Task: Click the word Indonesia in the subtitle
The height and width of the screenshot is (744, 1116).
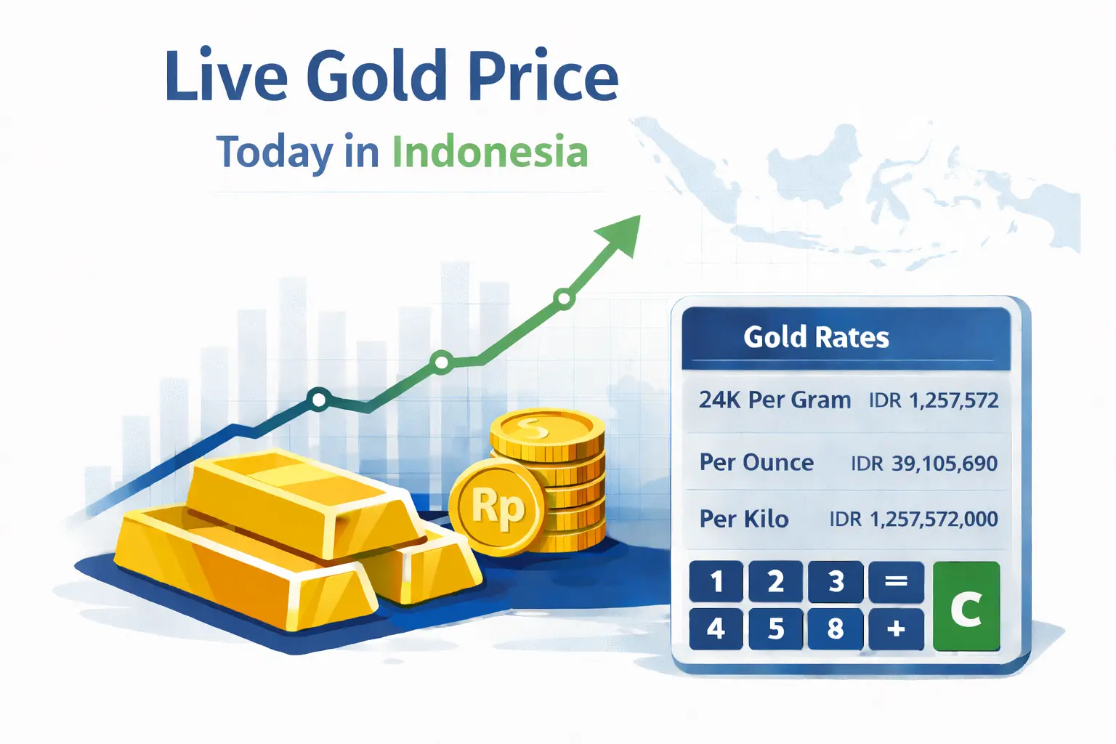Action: pos(490,153)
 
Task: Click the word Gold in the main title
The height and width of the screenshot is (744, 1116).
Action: pos(376,76)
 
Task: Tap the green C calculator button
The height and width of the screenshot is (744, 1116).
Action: pos(966,607)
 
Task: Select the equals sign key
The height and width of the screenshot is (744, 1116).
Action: pos(896,581)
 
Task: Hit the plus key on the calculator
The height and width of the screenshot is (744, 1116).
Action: pos(896,628)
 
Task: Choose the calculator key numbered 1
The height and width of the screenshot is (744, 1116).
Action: pos(716,581)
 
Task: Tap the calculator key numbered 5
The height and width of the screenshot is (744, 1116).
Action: pos(776,628)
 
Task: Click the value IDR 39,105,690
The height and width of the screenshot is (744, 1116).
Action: pos(924,463)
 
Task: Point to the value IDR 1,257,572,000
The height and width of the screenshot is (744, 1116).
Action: pos(913,519)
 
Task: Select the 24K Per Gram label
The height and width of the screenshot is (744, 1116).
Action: pos(775,400)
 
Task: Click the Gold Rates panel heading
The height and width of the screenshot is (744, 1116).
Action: pos(816,337)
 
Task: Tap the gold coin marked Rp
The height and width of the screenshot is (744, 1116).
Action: pos(497,507)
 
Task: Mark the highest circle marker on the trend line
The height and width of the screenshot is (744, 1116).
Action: pos(563,298)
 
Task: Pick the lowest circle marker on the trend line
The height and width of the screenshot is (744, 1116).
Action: pos(318,399)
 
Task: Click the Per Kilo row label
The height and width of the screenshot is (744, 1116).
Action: pos(743,519)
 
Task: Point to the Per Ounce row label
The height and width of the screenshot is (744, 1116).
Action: pos(756,463)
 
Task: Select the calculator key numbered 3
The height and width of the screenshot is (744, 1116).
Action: pos(836,581)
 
